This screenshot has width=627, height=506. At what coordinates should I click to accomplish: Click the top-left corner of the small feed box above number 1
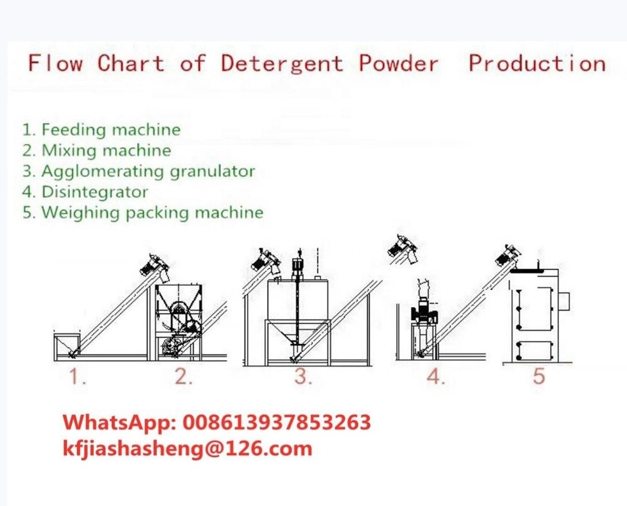54,335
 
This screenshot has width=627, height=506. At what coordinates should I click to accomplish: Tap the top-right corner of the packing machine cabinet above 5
559,270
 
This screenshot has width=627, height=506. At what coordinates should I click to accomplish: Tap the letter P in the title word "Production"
476,63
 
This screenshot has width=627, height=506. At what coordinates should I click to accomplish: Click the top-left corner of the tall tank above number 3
268,280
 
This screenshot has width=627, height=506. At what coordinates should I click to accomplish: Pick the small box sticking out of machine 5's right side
564,301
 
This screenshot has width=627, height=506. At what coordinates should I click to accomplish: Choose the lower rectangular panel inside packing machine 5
534,352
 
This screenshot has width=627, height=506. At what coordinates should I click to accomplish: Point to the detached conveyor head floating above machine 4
403,250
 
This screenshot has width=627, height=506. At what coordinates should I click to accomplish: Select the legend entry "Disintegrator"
85,191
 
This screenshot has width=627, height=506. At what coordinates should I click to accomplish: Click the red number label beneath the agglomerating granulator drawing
304,377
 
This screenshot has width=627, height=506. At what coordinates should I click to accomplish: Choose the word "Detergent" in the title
282,64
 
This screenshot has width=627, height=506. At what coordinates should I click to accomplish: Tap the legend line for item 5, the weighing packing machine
143,213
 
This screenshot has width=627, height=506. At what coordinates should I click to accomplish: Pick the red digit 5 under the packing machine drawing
539,377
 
